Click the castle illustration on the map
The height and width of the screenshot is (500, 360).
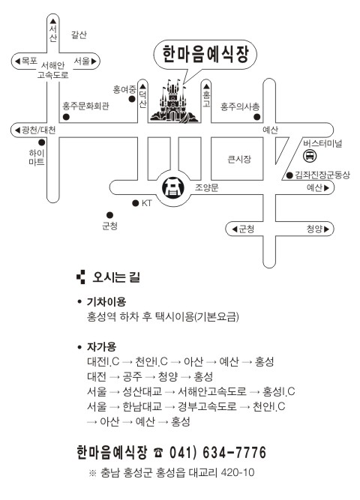coord(174,100)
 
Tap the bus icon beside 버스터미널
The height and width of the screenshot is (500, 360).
coord(310,156)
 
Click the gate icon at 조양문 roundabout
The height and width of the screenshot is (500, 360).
coord(173,188)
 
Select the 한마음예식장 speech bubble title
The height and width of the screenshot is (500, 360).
coord(205,54)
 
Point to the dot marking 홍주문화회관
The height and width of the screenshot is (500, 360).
coord(66,117)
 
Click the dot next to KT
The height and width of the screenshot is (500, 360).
coord(135,203)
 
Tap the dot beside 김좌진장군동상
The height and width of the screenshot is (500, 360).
coord(289,175)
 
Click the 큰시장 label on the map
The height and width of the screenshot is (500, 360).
coord(239,159)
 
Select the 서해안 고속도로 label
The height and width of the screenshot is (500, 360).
coord(53,70)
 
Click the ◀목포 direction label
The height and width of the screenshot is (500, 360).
coord(26,61)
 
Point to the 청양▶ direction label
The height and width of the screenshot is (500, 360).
coord(318,229)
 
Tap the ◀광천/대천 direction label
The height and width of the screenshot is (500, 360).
coord(35,130)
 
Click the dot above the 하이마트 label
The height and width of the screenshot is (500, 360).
coord(41,142)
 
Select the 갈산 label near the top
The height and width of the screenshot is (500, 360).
coord(79,34)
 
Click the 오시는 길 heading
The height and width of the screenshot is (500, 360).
coord(116,277)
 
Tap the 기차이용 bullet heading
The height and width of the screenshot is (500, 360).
coord(106,301)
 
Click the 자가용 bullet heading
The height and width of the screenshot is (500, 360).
coord(101,346)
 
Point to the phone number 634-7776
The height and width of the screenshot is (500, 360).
coord(234,453)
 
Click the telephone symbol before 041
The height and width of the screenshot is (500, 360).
coord(158,453)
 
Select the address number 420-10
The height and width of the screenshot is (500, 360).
coord(238,472)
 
